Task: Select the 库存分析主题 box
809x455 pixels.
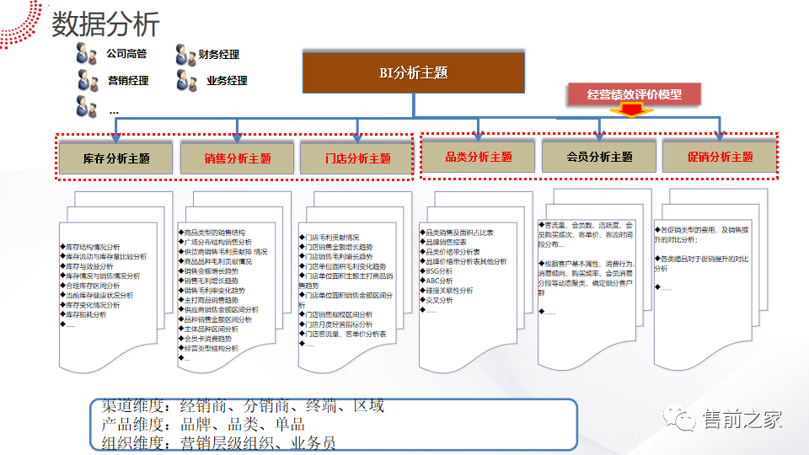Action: point(116,158)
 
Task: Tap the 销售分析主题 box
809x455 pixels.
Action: point(238,158)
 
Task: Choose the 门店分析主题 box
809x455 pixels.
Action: point(357,158)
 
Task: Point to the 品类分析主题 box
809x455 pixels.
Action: point(478,156)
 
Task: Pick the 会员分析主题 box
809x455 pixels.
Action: point(599,156)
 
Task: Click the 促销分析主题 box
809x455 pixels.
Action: point(720,156)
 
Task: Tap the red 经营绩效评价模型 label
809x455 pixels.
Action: point(634,94)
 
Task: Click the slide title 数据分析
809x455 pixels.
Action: point(105,24)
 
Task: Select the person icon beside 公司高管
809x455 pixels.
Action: point(86,53)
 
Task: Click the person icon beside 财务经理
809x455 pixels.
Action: point(185,55)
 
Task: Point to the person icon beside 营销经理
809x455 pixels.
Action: point(86,81)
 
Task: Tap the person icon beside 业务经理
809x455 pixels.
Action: point(185,81)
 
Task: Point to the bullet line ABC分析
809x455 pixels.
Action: point(439,281)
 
